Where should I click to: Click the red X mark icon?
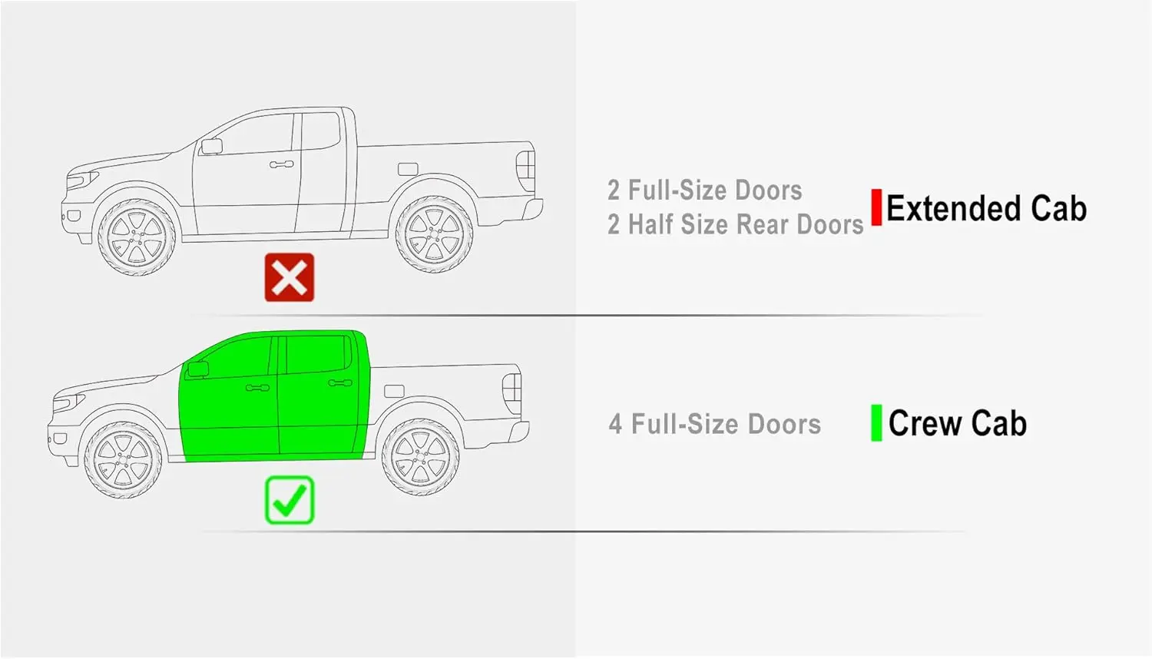tap(290, 277)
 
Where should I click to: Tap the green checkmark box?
tap(290, 500)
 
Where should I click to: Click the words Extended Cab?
tap(986, 209)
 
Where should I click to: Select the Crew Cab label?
tap(957, 423)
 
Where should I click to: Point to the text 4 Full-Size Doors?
tap(714, 424)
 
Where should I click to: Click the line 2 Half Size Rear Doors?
tap(735, 225)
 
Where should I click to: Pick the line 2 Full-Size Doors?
tap(704, 190)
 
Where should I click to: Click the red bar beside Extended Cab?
tap(876, 207)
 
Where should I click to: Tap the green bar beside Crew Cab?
tap(876, 423)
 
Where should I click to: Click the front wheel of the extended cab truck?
tap(137, 237)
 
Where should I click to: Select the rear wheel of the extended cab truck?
tap(434, 235)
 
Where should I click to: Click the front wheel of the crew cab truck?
tap(124, 459)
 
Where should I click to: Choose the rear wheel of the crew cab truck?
tap(420, 457)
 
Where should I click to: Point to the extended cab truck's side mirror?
tap(210, 146)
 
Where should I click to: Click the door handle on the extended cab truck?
tap(281, 164)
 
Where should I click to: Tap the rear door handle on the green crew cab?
tap(339, 382)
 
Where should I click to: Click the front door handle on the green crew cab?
tap(257, 388)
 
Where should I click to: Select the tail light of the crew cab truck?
tap(512, 389)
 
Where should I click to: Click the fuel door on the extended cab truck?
tap(408, 169)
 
